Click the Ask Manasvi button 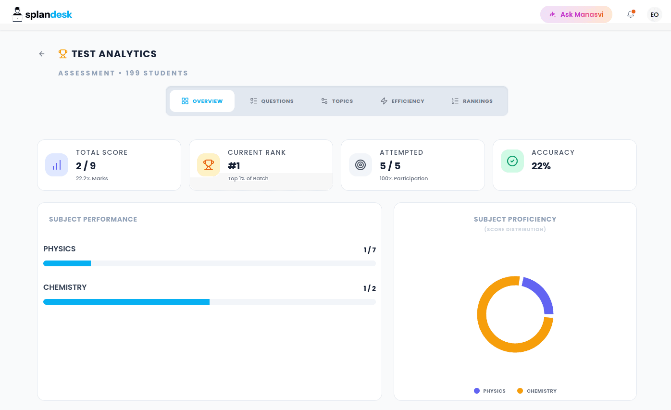pyautogui.click(x=576, y=14)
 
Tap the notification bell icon pyautogui.click(x=631, y=14)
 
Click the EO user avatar pyautogui.click(x=654, y=14)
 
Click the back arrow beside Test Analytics pyautogui.click(x=42, y=54)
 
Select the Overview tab pyautogui.click(x=202, y=101)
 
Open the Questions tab pyautogui.click(x=272, y=101)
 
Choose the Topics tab pyautogui.click(x=337, y=101)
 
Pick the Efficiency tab pyautogui.click(x=402, y=101)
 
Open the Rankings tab pyautogui.click(x=472, y=101)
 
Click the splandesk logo pyautogui.click(x=42, y=14)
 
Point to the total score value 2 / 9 pyautogui.click(x=86, y=166)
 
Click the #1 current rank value pyautogui.click(x=234, y=166)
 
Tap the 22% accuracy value pyautogui.click(x=541, y=166)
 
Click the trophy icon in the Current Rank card pyautogui.click(x=209, y=165)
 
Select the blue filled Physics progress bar pyautogui.click(x=67, y=263)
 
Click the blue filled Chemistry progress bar pyautogui.click(x=126, y=302)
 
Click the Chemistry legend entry pyautogui.click(x=537, y=391)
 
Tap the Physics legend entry pyautogui.click(x=490, y=391)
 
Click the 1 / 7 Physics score pyautogui.click(x=370, y=250)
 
